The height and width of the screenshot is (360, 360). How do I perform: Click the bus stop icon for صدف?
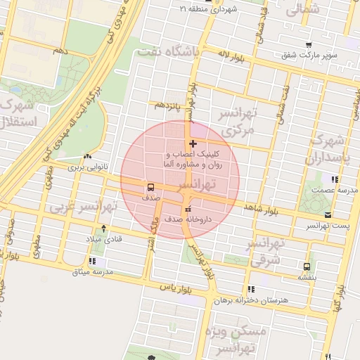point(150,188)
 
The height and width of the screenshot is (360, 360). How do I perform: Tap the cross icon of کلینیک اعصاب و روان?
point(193,143)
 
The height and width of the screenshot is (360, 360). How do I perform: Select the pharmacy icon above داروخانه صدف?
point(187,210)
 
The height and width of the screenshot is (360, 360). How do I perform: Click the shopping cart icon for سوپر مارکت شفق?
point(309,45)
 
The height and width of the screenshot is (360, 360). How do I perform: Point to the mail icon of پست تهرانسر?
point(328,216)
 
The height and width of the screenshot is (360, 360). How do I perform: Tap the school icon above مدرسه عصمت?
point(335,179)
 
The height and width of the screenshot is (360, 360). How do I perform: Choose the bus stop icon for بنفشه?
point(307,266)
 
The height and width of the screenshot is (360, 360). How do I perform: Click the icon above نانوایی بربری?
point(86,157)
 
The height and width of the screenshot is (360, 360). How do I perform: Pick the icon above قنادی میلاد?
point(104,228)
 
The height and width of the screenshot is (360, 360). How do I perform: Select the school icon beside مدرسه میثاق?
point(93,262)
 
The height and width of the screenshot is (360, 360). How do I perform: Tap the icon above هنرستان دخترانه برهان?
point(251,289)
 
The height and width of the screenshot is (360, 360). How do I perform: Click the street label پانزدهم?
point(169,105)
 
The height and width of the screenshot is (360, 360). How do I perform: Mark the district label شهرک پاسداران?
point(330,148)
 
